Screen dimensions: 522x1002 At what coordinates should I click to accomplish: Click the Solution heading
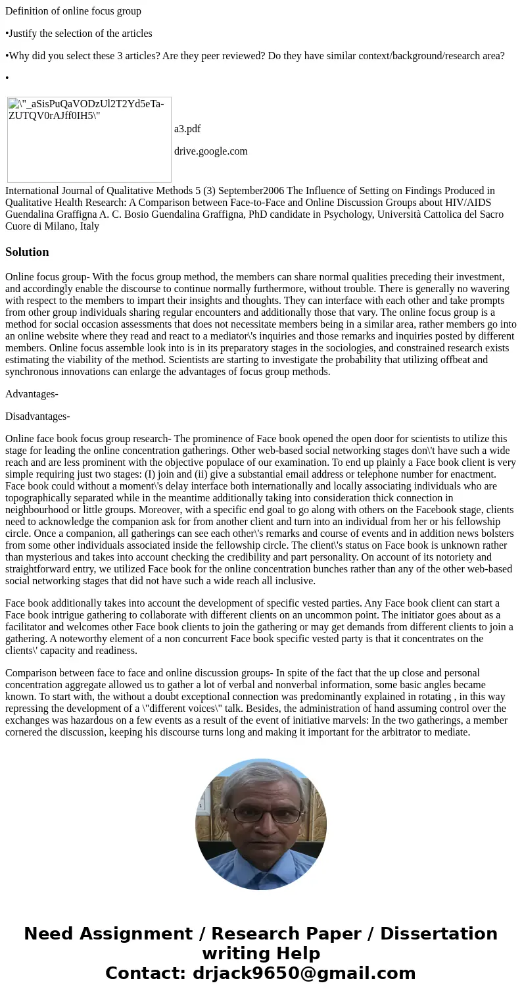27,252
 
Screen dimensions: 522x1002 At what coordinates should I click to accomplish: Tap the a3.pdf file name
187,129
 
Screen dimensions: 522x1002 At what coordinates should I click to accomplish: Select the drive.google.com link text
210,151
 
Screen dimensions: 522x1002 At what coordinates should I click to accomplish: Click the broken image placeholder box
89,139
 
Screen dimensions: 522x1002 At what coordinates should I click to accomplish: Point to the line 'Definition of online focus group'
73,11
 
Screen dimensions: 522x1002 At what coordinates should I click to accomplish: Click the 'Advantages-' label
32,394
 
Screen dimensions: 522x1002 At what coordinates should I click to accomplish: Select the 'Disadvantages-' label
37,416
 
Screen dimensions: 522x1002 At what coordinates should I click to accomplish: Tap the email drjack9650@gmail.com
304,973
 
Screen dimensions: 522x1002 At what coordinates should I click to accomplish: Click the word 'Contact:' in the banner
145,973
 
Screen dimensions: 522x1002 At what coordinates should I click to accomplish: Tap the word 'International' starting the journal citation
32,191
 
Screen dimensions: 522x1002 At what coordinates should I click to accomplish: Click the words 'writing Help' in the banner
261,953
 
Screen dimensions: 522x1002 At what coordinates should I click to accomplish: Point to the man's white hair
262,776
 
